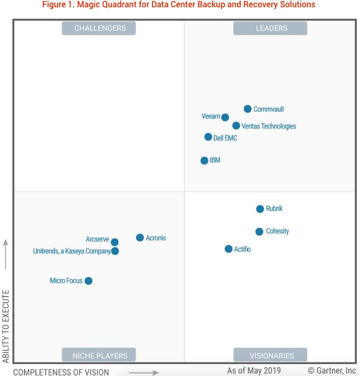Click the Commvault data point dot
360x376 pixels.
[x=248, y=109]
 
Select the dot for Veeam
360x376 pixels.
[x=225, y=117]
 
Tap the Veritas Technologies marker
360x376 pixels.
[x=236, y=126]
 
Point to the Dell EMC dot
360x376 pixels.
[x=208, y=137]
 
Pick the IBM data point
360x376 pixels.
[x=204, y=160]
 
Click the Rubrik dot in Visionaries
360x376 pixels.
[x=260, y=209]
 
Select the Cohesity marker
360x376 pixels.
[x=259, y=232]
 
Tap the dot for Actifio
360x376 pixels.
[x=229, y=249]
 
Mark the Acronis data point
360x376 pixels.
[x=140, y=238]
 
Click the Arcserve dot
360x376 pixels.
[x=115, y=242]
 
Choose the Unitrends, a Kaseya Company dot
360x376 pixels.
[x=115, y=251]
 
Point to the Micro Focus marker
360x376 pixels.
[x=88, y=281]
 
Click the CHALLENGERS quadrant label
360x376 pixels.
[x=100, y=28]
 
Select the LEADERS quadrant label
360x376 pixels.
[x=271, y=28]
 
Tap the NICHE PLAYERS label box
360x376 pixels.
[x=100, y=356]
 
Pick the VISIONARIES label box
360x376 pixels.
[x=271, y=356]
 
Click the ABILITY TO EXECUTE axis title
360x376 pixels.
[x=6, y=326]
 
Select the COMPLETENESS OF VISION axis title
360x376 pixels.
[x=61, y=372]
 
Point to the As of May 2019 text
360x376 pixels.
[x=254, y=370]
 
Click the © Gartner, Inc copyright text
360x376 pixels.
[x=332, y=370]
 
